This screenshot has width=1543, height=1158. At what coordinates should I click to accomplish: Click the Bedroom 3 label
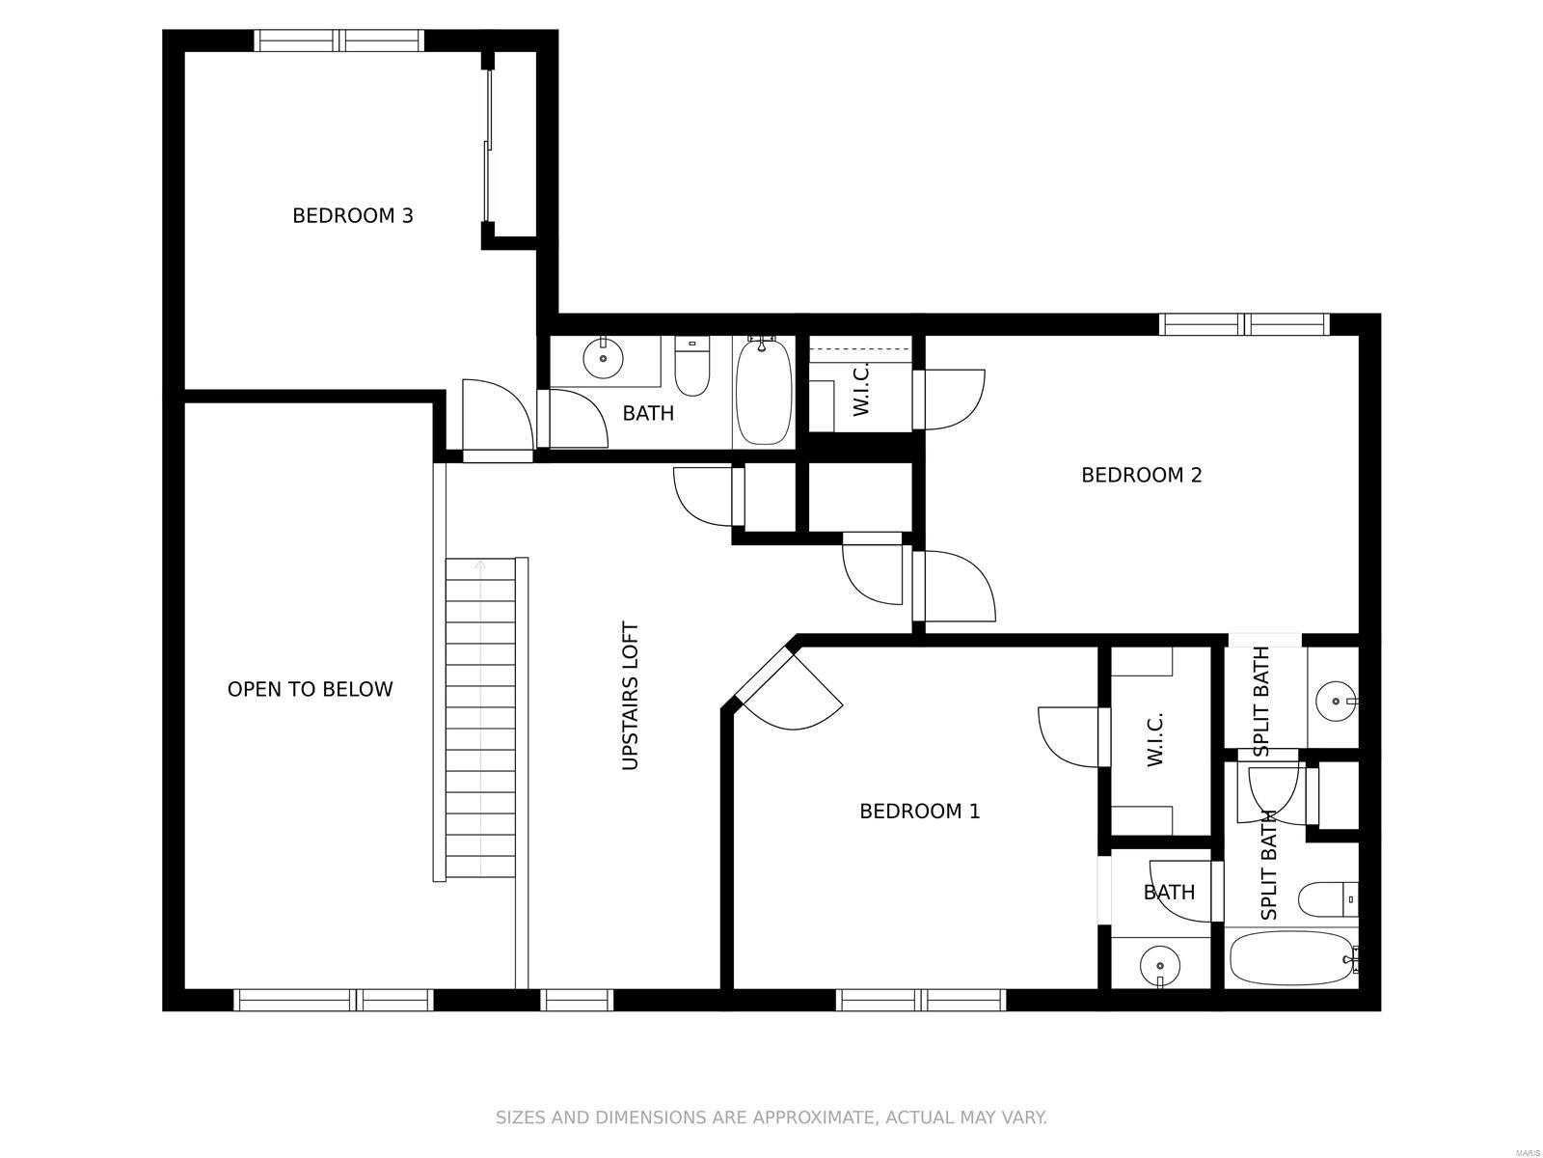(353, 215)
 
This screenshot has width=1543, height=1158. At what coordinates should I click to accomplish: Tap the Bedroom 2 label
(1141, 475)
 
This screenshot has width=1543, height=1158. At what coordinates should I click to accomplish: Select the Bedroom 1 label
(919, 812)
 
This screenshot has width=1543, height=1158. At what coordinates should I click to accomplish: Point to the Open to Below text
(310, 689)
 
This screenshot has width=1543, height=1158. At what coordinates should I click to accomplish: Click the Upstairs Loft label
(630, 696)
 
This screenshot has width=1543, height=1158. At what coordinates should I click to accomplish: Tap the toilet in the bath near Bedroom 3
(691, 367)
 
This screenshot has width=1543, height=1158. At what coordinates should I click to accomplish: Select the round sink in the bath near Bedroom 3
(604, 360)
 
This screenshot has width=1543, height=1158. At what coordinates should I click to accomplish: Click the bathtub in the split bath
(1290, 957)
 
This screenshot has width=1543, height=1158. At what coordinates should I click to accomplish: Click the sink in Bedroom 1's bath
(1159, 964)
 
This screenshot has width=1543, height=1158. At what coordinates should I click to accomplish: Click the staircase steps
(480, 719)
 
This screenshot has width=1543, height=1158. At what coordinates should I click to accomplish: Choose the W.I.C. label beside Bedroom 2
(861, 389)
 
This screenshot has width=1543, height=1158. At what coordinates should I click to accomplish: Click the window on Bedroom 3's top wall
(338, 40)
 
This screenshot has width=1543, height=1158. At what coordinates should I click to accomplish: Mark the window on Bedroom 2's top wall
(1243, 323)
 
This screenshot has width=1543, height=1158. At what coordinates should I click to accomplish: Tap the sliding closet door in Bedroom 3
(488, 145)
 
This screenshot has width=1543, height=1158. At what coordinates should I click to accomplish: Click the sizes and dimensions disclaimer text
(771, 1117)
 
